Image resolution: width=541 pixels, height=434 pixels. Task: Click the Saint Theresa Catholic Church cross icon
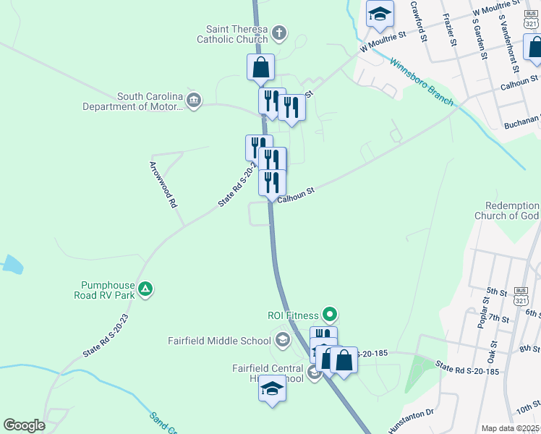[280, 32]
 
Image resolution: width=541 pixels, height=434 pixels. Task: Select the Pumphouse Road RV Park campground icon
[145, 289]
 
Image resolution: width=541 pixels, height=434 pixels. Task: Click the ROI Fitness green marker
[331, 315]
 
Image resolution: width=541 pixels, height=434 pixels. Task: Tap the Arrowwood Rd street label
[163, 184]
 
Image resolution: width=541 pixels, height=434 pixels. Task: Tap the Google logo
[24, 425]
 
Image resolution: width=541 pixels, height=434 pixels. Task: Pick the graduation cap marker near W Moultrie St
[380, 14]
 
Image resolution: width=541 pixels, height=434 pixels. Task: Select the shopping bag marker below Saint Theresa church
[261, 67]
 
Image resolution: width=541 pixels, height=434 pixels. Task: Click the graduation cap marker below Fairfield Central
[273, 388]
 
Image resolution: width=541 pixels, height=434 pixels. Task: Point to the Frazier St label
[451, 29]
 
